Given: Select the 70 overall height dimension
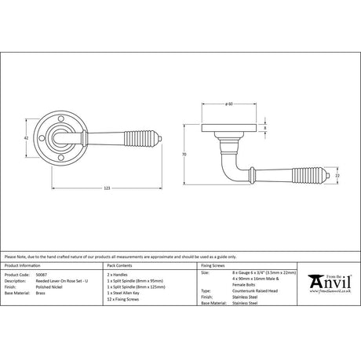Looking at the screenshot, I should [183, 155].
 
